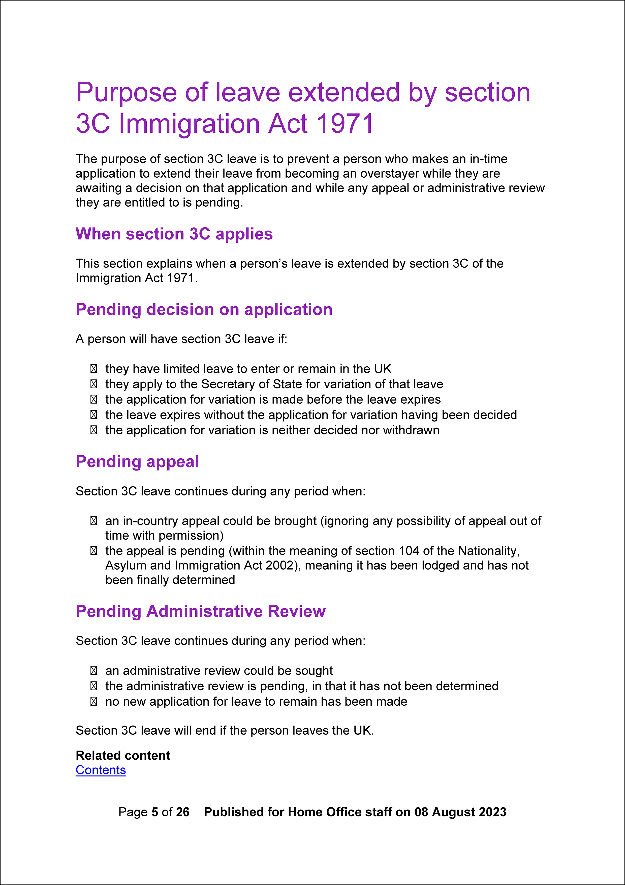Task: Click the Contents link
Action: [101, 770]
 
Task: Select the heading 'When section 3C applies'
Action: [174, 234]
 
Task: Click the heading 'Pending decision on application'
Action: [204, 310]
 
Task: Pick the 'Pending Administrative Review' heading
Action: [201, 611]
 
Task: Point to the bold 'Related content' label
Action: [123, 755]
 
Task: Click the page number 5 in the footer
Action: [155, 812]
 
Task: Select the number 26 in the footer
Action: [182, 812]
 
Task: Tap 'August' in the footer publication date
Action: [454, 812]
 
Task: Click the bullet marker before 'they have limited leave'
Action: [93, 369]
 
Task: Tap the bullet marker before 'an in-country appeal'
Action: [93, 521]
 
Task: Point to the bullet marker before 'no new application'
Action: [93, 702]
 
